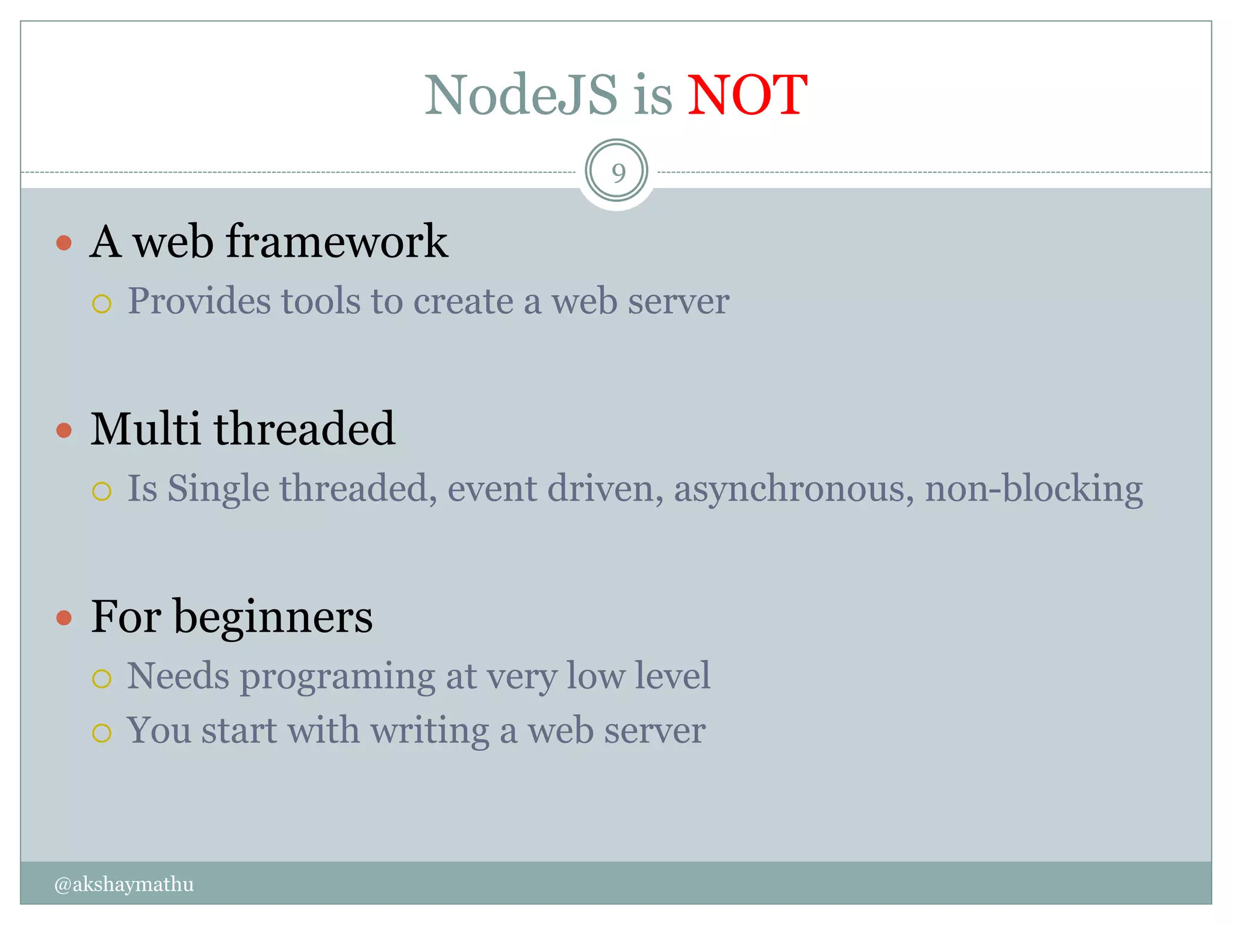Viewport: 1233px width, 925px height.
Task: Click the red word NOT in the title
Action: coord(747,95)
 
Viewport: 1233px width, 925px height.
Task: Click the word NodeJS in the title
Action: coord(521,95)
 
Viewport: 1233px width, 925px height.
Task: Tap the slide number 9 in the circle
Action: coord(618,173)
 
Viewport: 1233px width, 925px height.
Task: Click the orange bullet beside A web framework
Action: coord(64,243)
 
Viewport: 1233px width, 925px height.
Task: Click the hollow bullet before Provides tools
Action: coord(102,304)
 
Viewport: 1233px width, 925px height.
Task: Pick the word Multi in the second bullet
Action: coord(145,429)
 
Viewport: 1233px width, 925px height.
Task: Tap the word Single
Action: coord(218,489)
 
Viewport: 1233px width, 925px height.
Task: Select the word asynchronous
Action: coord(789,489)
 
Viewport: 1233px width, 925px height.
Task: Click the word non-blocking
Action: coord(1033,489)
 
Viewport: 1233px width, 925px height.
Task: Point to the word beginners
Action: coord(273,618)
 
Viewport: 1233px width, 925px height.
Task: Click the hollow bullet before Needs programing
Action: coord(102,679)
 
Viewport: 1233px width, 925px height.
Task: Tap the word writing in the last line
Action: coord(429,731)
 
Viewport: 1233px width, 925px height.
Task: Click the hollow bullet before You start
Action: coord(102,733)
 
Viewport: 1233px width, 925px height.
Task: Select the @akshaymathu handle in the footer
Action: coord(124,884)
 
